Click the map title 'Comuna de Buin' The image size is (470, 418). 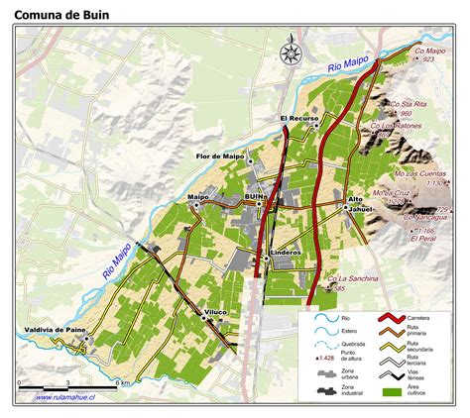pyautogui.click(x=60, y=15)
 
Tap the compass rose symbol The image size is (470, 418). pyautogui.click(x=291, y=53)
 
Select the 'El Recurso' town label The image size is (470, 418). pyautogui.click(x=297, y=119)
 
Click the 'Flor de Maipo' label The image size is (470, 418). pyautogui.click(x=220, y=157)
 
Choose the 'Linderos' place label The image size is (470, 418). pyautogui.click(x=288, y=253)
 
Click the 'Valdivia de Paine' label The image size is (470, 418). pyautogui.click(x=53, y=329)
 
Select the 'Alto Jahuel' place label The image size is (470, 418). pyautogui.click(x=362, y=204)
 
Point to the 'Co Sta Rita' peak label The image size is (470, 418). pyautogui.click(x=410, y=102)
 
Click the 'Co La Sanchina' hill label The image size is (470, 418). pyautogui.click(x=353, y=279)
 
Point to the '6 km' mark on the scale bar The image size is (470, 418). pyautogui.click(x=121, y=382)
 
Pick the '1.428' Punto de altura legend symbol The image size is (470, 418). pyautogui.click(x=320, y=356)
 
